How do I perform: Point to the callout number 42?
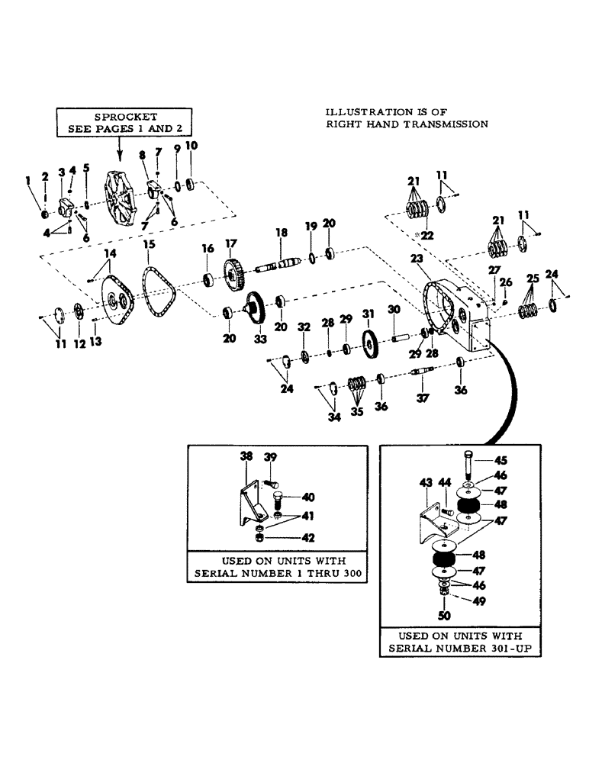pyautogui.click(x=310, y=537)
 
